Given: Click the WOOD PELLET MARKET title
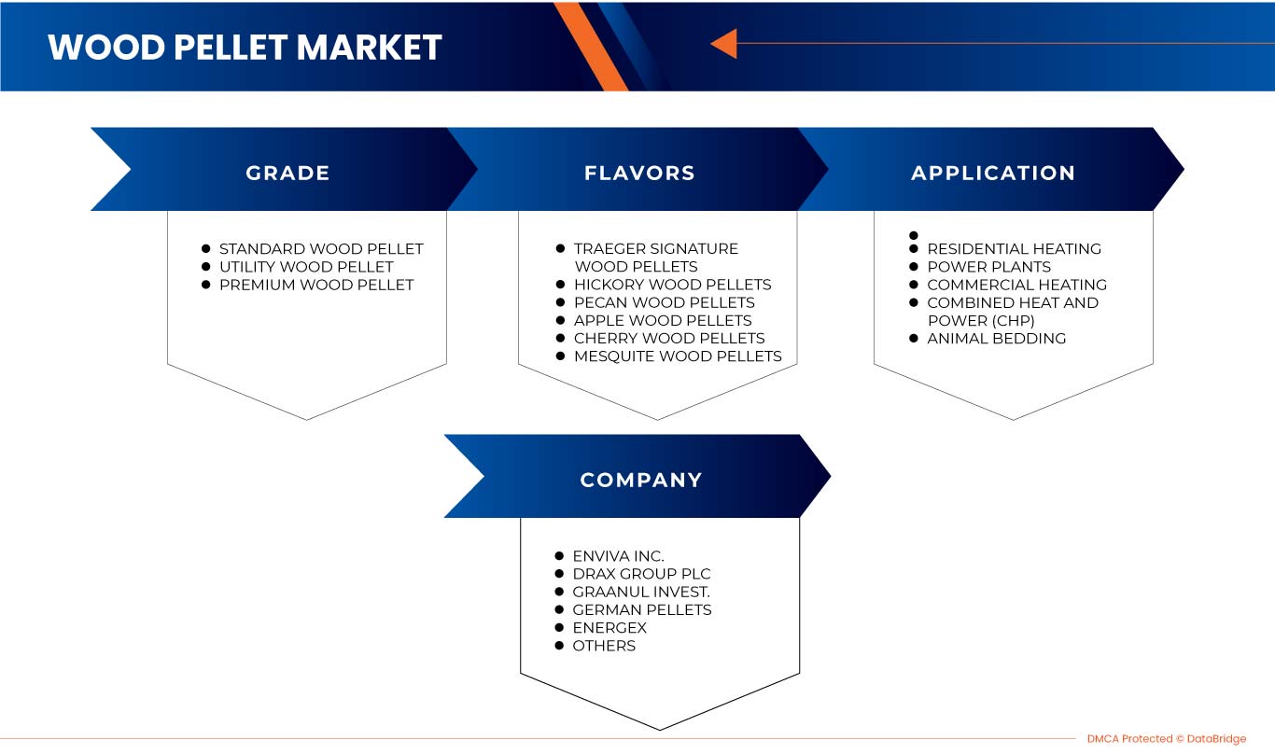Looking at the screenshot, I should tap(245, 48).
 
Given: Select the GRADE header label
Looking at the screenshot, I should tap(287, 173).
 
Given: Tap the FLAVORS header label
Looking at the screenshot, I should tap(639, 173).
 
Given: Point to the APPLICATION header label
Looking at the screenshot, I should tap(993, 173).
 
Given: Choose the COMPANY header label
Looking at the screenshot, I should tap(641, 480).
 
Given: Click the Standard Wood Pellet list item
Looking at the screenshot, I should tap(321, 249).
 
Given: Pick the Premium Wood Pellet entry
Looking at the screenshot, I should tap(316, 285).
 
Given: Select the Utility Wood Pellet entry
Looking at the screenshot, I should tap(306, 267).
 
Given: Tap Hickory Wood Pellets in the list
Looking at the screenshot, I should tap(672, 285).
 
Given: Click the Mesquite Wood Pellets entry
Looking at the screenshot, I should tap(678, 356).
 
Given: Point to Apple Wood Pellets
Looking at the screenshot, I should tap(663, 320).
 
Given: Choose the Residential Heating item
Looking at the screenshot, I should tap(1014, 249).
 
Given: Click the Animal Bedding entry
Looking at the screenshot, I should tap(996, 338).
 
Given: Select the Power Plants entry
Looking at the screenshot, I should tap(988, 267).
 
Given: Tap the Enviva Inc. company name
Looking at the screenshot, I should tap(618, 556).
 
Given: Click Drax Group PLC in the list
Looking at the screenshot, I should tap(641, 574).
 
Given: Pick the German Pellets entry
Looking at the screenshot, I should tap(641, 609).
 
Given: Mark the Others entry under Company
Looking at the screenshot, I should tap(604, 645).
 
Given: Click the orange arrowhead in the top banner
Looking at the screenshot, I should tap(723, 43).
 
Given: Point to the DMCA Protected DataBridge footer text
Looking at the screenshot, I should tap(1166, 739).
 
